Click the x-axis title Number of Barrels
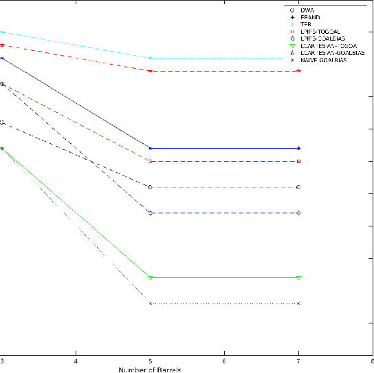150,370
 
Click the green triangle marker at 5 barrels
150,277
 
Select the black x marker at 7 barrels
298,303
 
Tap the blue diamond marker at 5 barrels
150,213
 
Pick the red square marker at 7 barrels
298,161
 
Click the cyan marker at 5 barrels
150,58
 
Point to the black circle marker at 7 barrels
298,187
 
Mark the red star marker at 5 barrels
150,71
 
